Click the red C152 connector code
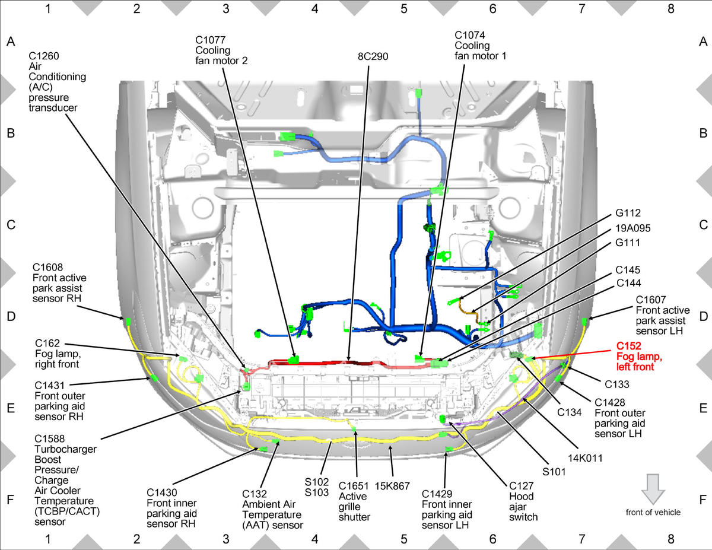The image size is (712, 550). [x=628, y=346]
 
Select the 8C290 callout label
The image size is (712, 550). [x=373, y=56]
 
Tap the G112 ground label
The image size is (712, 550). [x=628, y=213]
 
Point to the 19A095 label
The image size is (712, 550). [x=633, y=228]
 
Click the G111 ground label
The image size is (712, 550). [x=628, y=243]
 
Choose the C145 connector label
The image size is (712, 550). [x=628, y=270]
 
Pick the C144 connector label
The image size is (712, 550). [x=628, y=283]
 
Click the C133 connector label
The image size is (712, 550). [x=616, y=384]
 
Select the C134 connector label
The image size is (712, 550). [x=570, y=412]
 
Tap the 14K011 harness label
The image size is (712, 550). [x=585, y=458]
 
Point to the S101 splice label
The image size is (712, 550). [x=554, y=472]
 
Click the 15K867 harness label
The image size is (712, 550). [x=392, y=486]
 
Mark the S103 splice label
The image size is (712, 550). [x=316, y=492]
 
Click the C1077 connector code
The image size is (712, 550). [x=211, y=40]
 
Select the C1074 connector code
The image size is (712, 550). [x=470, y=35]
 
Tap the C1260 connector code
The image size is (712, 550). [x=44, y=56]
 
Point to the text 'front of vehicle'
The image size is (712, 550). [x=653, y=513]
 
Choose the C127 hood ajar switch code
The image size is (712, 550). [x=522, y=486]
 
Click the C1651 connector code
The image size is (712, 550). [x=354, y=486]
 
